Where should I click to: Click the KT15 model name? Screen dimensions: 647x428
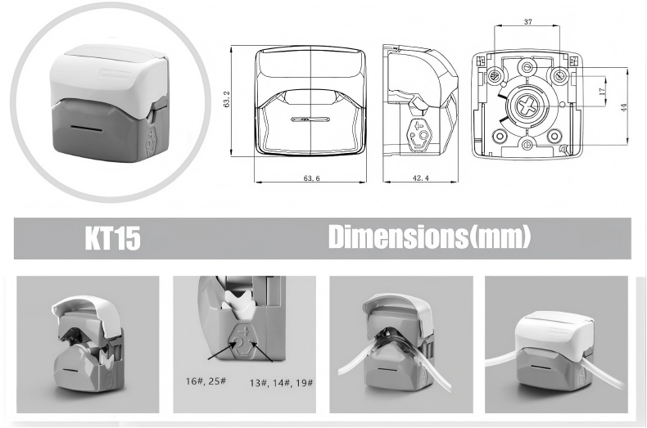coord(113,238)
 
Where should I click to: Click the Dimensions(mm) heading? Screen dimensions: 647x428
coord(429,237)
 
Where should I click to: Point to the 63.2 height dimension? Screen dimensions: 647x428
coord(227,99)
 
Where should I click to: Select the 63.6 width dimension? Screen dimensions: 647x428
coord(311,178)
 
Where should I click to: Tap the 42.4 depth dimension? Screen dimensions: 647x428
coord(420,178)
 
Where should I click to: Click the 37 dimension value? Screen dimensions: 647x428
coord(527,22)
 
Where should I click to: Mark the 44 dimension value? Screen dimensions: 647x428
coord(624,107)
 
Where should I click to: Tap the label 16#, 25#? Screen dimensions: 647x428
coord(206,381)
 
